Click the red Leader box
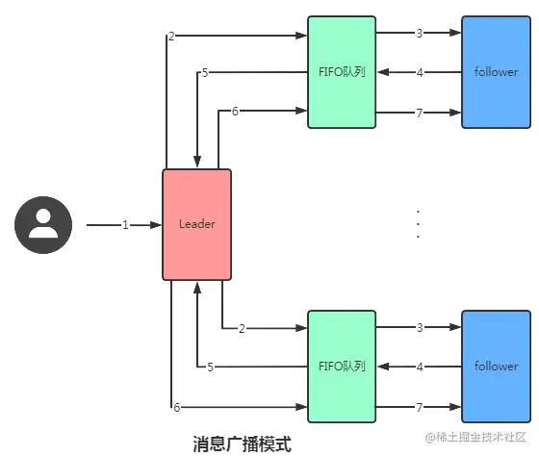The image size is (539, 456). click(197, 224)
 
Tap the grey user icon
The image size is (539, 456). click(43, 225)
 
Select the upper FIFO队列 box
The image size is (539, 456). click(342, 72)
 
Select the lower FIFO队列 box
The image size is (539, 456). click(342, 367)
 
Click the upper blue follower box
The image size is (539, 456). click(496, 72)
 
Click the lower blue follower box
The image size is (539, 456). click(496, 367)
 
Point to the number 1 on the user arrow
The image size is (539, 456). click(125, 225)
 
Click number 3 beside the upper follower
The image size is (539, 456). click(420, 34)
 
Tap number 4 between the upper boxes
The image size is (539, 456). click(420, 73)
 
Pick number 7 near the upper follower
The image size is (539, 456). click(420, 114)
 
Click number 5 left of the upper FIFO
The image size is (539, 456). click(205, 73)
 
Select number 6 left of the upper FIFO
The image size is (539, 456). click(235, 112)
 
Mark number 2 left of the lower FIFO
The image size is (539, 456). click(242, 329)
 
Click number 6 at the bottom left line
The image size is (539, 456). click(177, 408)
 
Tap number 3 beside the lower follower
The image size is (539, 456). click(420, 328)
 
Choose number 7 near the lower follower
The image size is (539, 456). click(420, 408)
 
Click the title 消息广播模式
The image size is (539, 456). click(242, 443)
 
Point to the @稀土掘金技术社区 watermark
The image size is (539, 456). click(475, 437)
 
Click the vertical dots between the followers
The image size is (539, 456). click(418, 224)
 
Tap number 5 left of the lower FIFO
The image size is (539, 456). click(211, 367)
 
